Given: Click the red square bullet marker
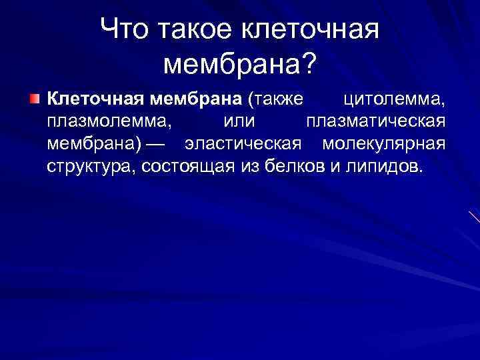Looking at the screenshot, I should pyautogui.click(x=34, y=100).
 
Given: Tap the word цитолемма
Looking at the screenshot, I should pyautogui.click(x=394, y=100).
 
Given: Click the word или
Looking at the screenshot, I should pyautogui.click(x=239, y=123).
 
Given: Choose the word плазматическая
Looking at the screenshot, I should pyautogui.click(x=375, y=123).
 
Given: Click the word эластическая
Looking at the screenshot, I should pyautogui.click(x=244, y=144).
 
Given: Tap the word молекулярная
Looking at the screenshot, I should pyautogui.click(x=383, y=144).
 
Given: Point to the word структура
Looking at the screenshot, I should pyautogui.click(x=89, y=166).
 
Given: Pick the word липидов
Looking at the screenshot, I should pyautogui.click(x=384, y=166).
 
